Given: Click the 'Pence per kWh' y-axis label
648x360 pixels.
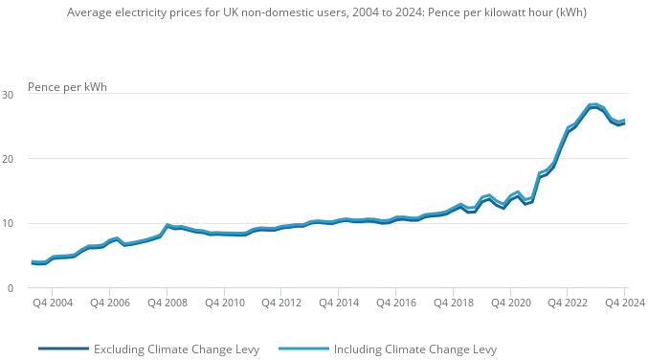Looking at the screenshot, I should pyautogui.click(x=67, y=87).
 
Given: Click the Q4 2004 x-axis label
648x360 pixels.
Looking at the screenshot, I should pyautogui.click(x=53, y=303).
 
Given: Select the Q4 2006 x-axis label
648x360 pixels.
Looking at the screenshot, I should pyautogui.click(x=110, y=303).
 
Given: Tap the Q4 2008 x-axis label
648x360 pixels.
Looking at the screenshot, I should pyautogui.click(x=168, y=303).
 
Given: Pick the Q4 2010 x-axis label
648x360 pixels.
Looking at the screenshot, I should pyautogui.click(x=224, y=303).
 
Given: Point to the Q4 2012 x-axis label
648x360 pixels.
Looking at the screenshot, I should pyautogui.click(x=281, y=303).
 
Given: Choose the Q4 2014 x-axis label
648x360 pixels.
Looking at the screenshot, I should pyautogui.click(x=339, y=303).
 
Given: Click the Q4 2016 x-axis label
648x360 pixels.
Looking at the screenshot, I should pyautogui.click(x=396, y=303).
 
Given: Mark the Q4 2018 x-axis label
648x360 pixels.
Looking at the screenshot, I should pyautogui.click(x=454, y=303).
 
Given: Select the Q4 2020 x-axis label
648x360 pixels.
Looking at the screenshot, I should pyautogui.click(x=511, y=303).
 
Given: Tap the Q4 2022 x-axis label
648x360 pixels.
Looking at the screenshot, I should pyautogui.click(x=568, y=303).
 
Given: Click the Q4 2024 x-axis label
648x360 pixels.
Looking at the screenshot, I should pyautogui.click(x=623, y=303).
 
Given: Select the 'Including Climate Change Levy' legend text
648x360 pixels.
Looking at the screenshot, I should pyautogui.click(x=414, y=349).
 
